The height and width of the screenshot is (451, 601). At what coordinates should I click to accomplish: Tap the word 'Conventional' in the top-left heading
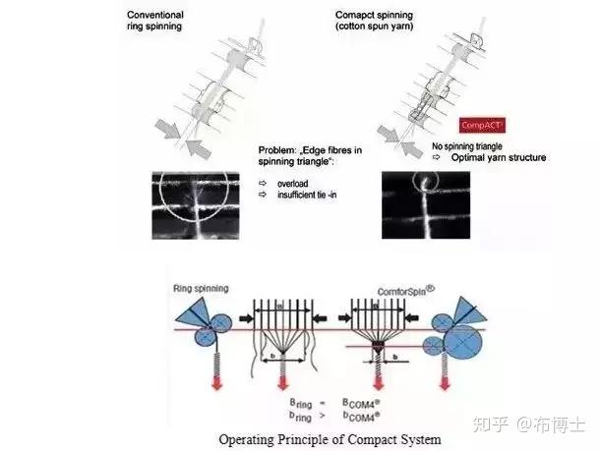[x=155, y=15]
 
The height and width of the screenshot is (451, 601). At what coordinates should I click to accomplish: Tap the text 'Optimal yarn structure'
[x=499, y=157]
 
